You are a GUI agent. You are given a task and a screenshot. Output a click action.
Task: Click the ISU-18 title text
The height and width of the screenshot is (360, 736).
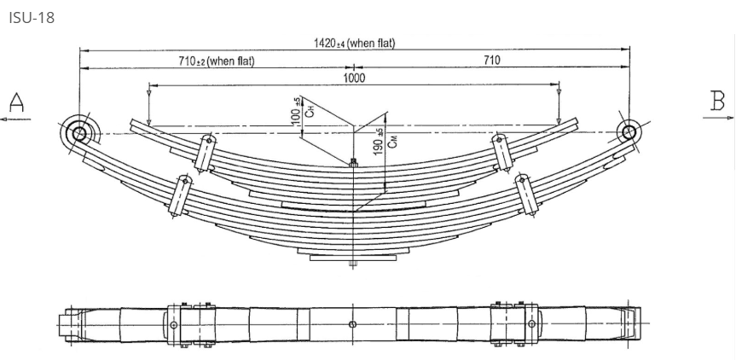31,17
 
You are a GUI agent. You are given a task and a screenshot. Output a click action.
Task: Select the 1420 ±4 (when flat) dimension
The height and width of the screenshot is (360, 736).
354,44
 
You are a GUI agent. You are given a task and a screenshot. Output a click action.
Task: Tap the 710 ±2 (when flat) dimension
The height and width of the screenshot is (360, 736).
217,61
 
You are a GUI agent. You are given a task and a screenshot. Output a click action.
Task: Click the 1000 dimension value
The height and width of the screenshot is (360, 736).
354,78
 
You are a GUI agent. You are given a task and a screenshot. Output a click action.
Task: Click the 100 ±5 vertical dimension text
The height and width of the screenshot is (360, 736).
297,111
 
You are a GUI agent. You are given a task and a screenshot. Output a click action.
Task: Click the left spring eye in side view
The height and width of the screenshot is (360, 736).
80,133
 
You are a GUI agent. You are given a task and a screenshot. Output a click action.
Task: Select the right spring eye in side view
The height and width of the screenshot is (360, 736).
629,132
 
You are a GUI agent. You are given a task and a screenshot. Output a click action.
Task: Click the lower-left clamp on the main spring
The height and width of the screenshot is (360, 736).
180,195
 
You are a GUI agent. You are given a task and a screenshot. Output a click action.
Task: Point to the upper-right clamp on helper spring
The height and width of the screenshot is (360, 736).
501,151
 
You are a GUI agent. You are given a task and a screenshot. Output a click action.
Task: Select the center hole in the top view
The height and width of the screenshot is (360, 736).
353,324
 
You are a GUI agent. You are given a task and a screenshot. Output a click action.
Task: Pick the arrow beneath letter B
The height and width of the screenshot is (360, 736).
718,118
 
